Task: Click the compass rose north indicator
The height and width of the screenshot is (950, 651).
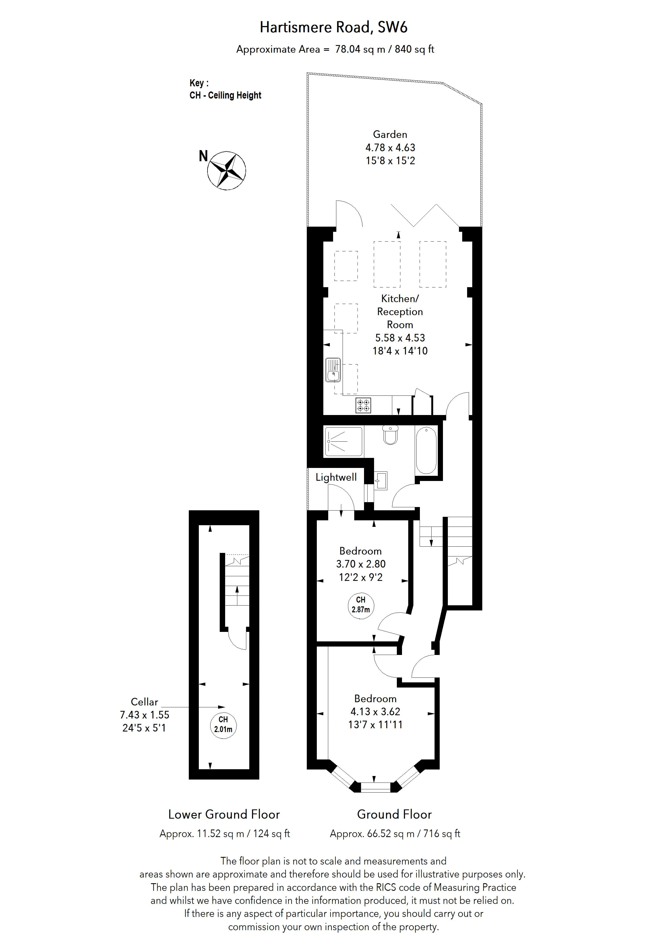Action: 226,170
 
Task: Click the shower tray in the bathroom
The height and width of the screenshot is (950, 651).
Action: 343,442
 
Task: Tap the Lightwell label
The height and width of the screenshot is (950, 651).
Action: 336,477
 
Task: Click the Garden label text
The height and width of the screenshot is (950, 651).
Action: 390,134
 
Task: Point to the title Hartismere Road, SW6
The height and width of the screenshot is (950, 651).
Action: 333,27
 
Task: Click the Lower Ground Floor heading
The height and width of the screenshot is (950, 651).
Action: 224,814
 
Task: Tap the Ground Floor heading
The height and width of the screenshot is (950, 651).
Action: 394,814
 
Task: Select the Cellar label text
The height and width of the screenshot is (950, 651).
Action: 144,702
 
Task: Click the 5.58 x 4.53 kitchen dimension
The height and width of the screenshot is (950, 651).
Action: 400,338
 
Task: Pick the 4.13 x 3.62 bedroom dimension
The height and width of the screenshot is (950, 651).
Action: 375,712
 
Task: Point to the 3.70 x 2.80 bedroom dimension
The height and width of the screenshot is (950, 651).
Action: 360,564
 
